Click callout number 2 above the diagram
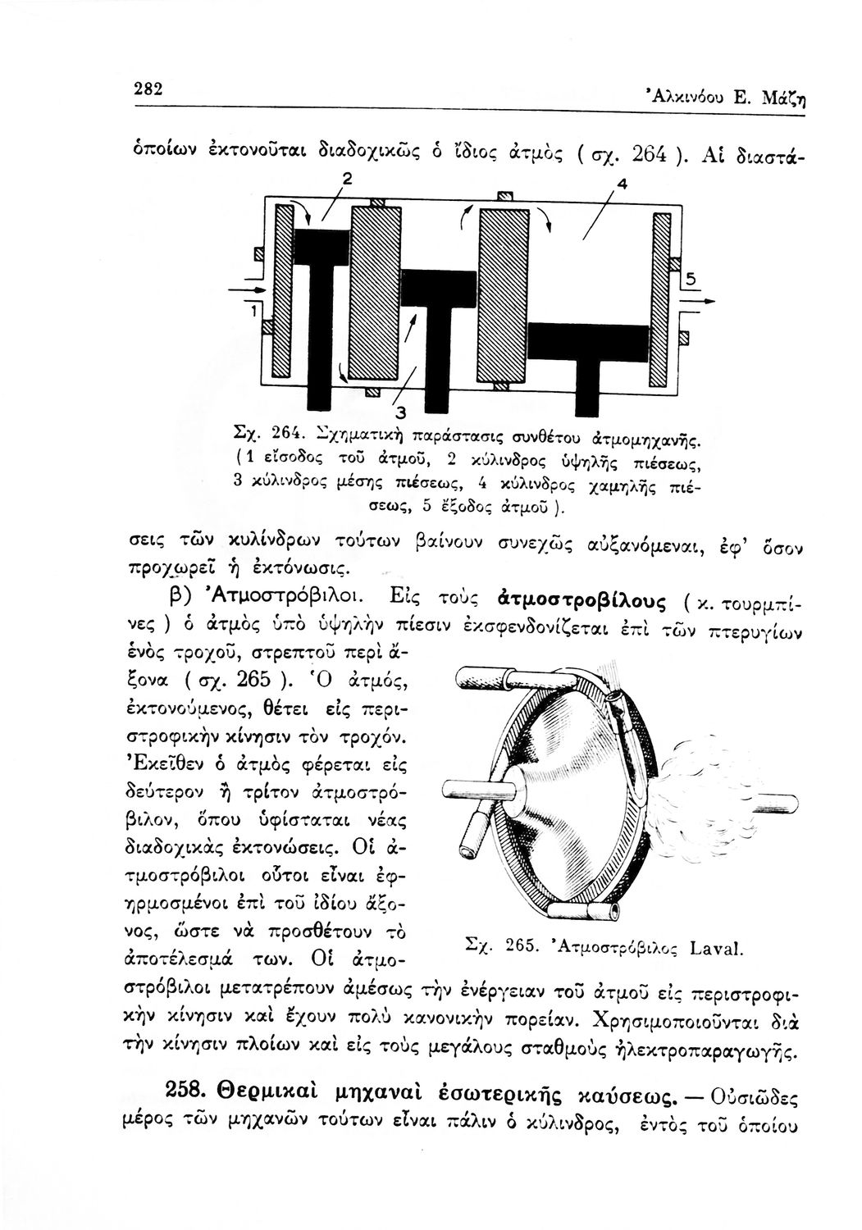325,179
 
